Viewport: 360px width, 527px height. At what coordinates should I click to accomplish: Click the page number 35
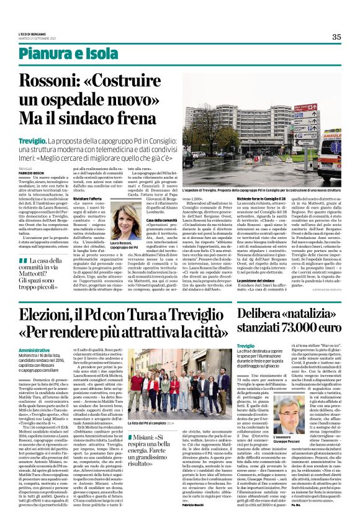tap(336, 37)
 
